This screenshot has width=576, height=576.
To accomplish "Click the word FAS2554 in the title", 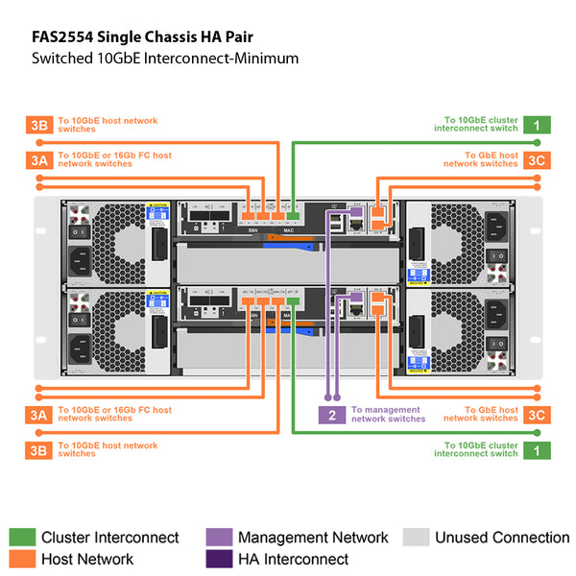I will coord(57,37).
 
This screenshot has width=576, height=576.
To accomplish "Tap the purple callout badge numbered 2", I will coord(331,415).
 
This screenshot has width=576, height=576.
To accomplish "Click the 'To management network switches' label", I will coord(388,415).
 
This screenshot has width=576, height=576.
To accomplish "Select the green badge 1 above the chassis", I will coord(537,125).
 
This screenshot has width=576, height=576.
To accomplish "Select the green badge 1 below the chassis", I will coord(537,449).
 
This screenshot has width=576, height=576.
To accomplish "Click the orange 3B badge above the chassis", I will coord(37,125).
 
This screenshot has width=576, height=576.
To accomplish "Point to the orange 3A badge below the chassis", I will coord(37,415).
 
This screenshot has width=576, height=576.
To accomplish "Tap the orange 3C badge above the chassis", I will coord(537,159).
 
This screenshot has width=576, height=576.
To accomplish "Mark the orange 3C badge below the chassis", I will coord(537,415).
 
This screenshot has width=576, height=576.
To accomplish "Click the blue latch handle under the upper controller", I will coord(288,247).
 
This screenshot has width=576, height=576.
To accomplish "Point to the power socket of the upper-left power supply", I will coord(81,257).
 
